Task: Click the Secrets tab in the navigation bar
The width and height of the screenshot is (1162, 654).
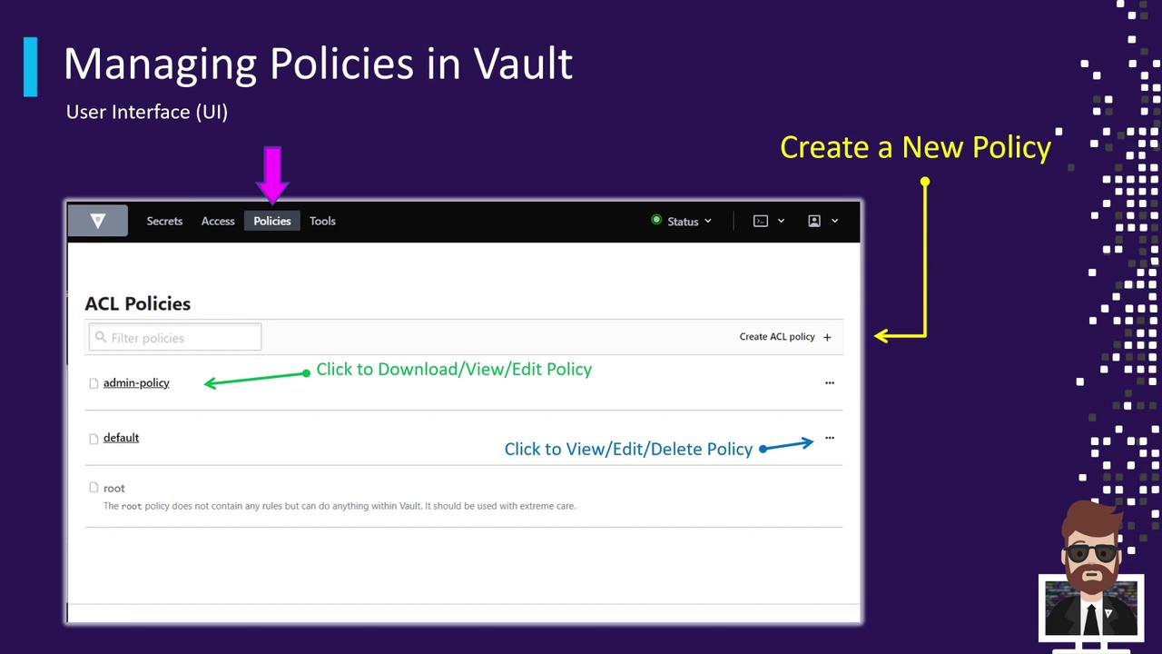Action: [164, 221]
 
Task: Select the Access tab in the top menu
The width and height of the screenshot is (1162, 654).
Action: [218, 221]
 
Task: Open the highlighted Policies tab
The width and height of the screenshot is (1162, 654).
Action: [271, 221]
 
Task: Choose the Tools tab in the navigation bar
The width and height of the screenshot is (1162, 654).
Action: [322, 221]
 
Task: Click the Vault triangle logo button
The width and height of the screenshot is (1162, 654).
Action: [97, 221]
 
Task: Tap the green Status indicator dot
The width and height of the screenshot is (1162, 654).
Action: [656, 220]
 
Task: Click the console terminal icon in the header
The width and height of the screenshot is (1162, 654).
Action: [761, 221]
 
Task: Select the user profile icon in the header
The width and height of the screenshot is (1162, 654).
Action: [814, 221]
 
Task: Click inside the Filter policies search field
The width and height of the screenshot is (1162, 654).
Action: [175, 337]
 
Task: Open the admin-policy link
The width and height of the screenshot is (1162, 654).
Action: [136, 383]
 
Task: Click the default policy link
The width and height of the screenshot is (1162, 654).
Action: [121, 438]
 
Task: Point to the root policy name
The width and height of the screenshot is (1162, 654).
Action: [113, 488]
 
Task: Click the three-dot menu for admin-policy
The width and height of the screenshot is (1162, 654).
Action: [830, 383]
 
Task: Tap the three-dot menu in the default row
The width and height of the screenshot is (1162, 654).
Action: [830, 438]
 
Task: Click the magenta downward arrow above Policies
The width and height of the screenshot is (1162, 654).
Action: [272, 174]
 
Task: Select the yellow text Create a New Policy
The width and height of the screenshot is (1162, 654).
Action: [916, 147]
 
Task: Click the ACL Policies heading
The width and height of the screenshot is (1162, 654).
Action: [137, 303]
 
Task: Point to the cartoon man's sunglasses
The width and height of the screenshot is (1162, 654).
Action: [1090, 553]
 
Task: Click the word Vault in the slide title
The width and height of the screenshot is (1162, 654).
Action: [523, 64]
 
